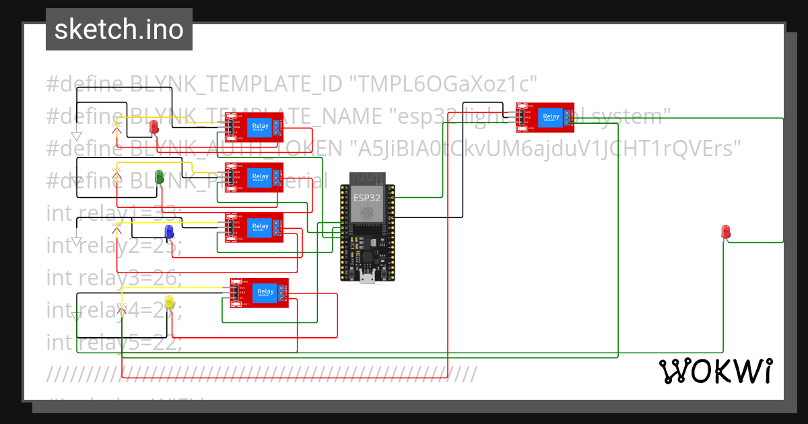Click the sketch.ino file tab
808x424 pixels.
(119, 30)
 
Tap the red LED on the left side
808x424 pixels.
(154, 126)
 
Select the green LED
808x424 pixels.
(160, 177)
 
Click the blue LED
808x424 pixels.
(170, 232)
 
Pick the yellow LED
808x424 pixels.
(169, 303)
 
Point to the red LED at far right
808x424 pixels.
(726, 232)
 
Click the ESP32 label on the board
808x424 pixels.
(366, 198)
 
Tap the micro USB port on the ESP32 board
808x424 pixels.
(367, 277)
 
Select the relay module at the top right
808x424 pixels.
(545, 117)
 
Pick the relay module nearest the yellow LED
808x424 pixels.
(259, 293)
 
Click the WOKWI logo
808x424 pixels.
(715, 371)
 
